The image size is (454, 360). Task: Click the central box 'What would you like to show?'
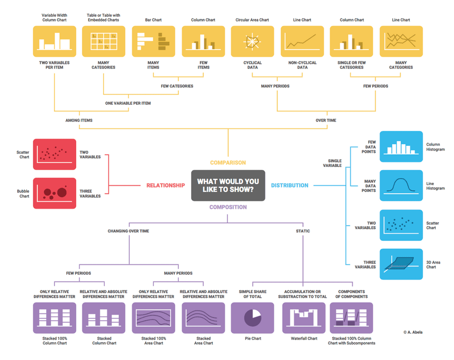click(x=228, y=185)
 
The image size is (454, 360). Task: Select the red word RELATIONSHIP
click(x=165, y=185)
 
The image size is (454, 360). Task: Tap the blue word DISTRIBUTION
click(x=290, y=185)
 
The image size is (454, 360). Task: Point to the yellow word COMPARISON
click(x=228, y=163)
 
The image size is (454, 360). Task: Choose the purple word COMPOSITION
click(x=228, y=207)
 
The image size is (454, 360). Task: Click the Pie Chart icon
click(x=252, y=318)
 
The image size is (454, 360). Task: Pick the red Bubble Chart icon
click(x=54, y=193)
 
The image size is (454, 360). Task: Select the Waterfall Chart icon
click(x=304, y=318)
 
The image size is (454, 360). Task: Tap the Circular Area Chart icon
click(x=252, y=41)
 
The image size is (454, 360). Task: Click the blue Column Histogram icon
click(x=401, y=147)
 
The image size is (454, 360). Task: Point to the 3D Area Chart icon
click(x=401, y=264)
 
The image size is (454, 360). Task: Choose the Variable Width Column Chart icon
click(x=54, y=41)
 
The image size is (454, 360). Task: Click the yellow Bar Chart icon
click(x=153, y=41)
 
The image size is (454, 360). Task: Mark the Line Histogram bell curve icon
click(x=401, y=186)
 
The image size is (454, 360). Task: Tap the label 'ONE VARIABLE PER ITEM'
click(x=128, y=104)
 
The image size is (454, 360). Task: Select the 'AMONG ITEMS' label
click(x=79, y=120)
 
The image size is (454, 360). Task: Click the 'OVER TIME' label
click(x=326, y=120)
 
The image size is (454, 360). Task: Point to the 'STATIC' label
click(x=303, y=231)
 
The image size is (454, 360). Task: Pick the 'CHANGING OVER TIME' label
click(x=128, y=231)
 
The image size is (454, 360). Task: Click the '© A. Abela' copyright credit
click(x=413, y=332)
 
